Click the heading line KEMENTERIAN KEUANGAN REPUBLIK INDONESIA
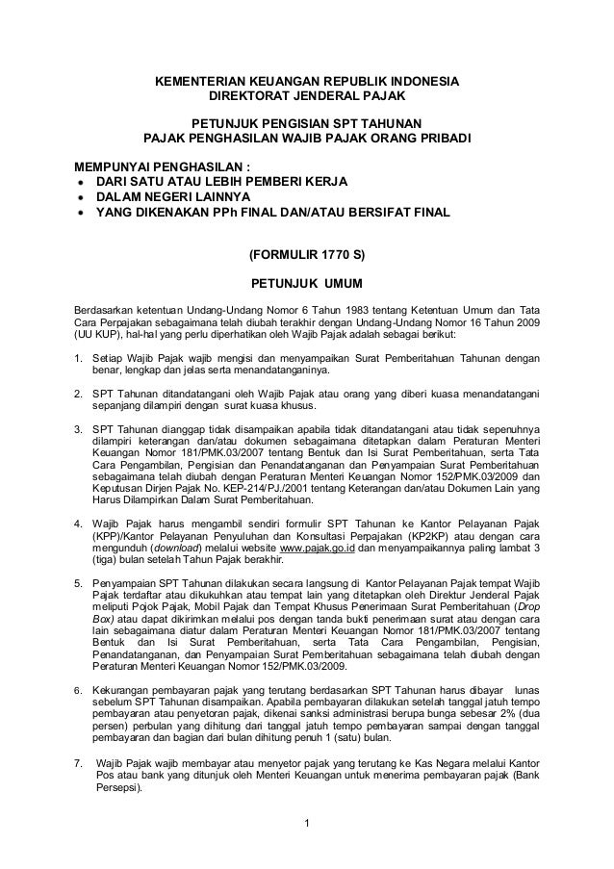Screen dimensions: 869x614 308,81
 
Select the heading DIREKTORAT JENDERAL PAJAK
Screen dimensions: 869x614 308,97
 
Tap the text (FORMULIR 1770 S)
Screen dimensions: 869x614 307,255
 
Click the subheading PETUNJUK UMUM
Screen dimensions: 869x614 307,285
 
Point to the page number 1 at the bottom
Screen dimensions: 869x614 306,822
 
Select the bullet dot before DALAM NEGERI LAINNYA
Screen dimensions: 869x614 71,195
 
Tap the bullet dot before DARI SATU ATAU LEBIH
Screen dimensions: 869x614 71,180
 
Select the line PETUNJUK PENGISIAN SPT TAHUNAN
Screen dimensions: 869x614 307,122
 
